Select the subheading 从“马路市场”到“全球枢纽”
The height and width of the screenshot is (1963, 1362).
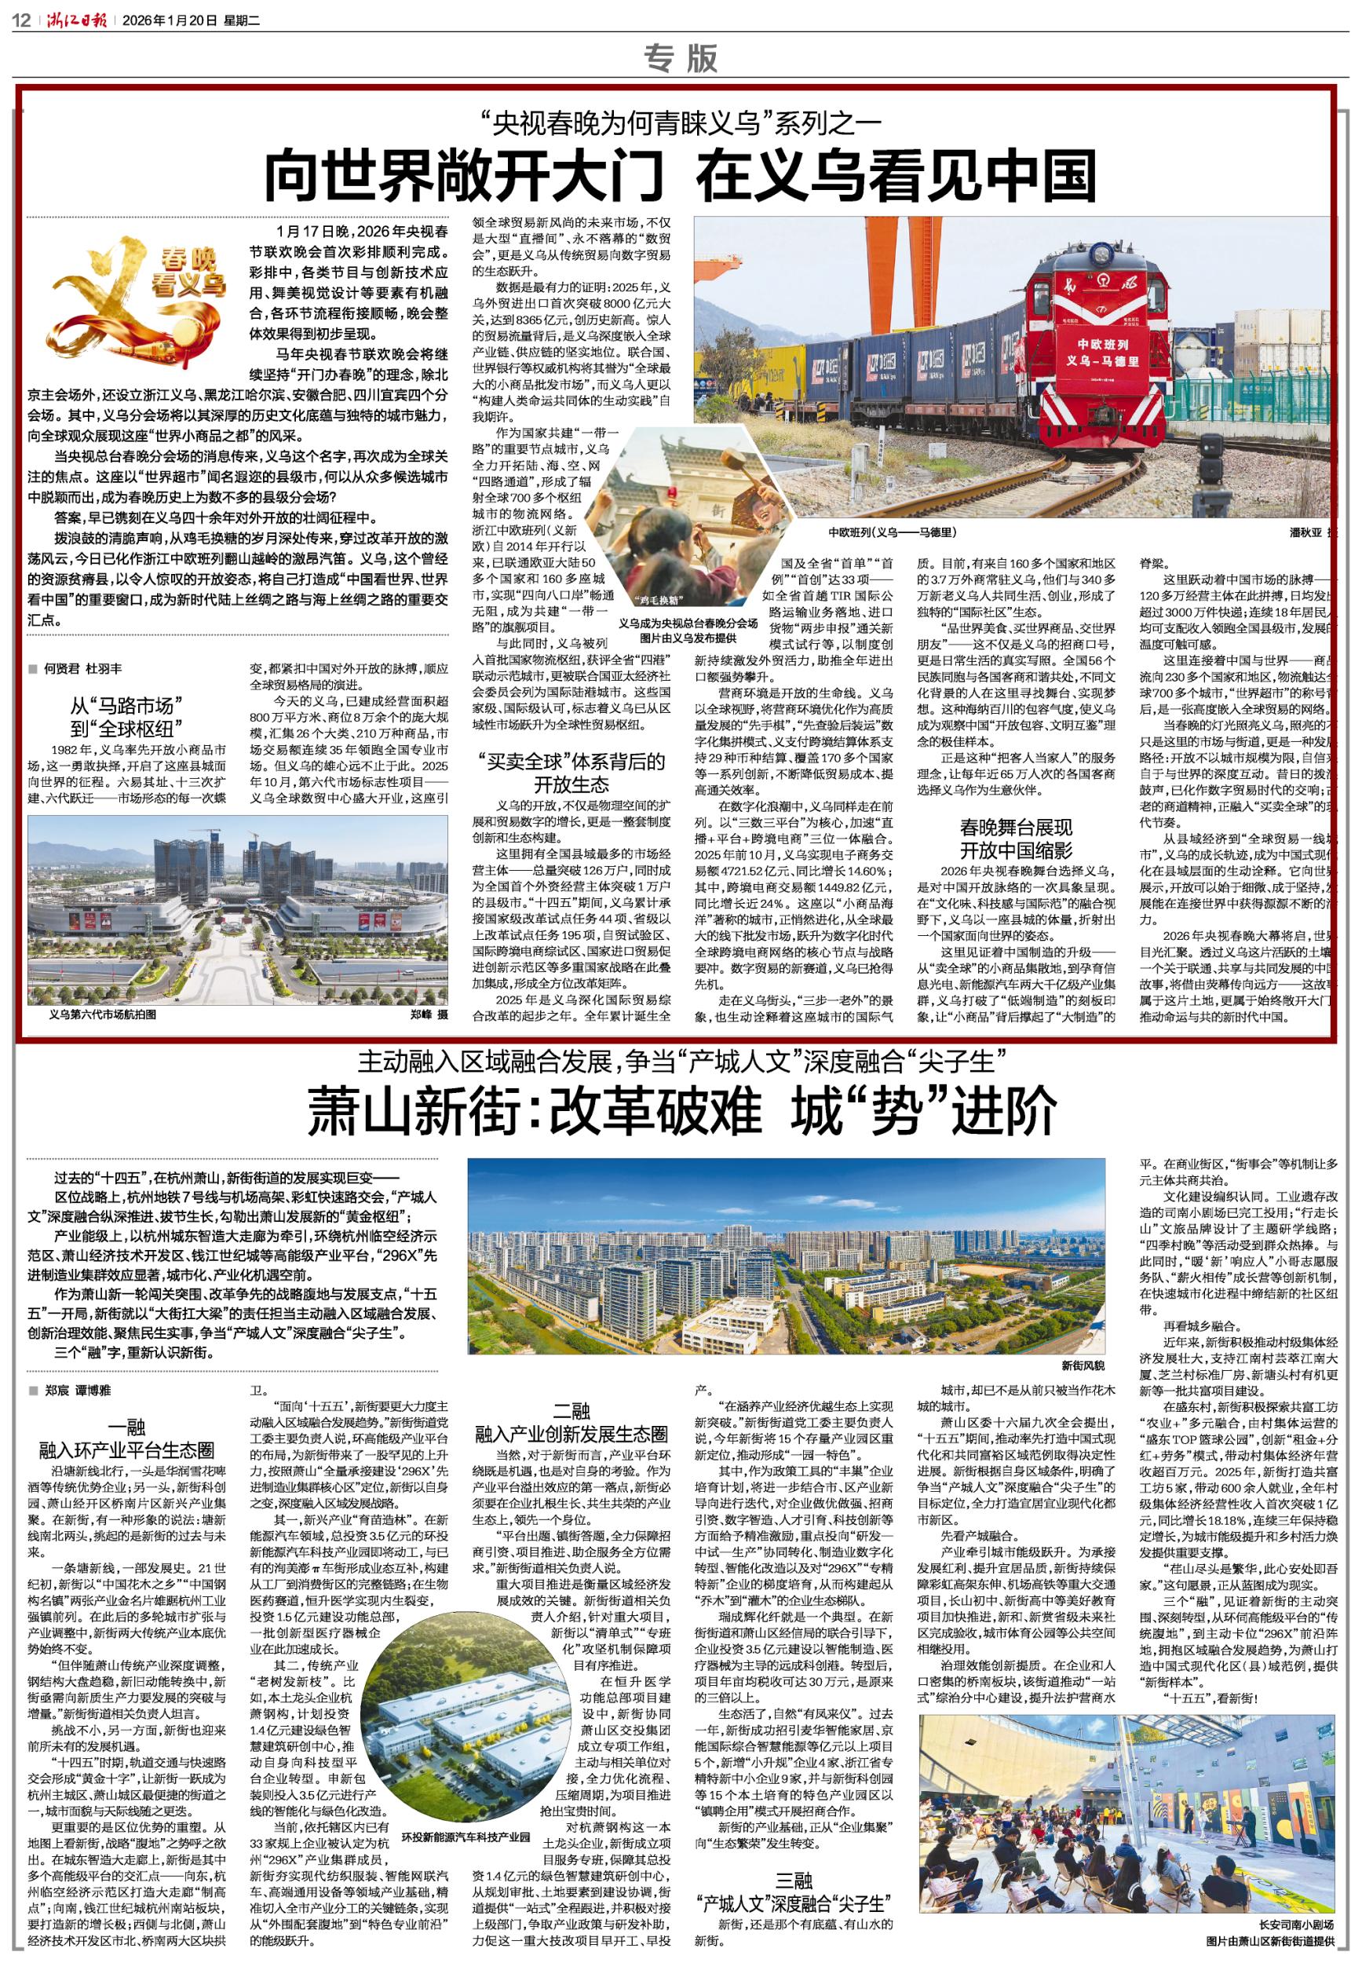[128, 718]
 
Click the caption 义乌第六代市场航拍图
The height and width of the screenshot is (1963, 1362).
[104, 1015]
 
